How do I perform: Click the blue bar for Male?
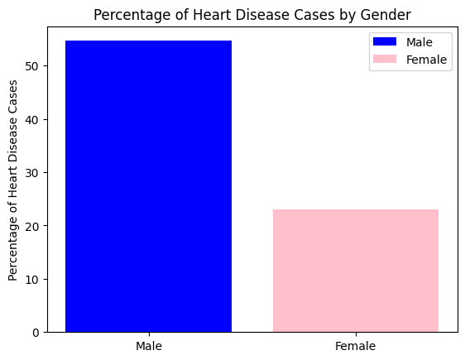(x=148, y=186)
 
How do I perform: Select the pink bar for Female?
(x=356, y=271)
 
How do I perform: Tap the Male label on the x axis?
(x=148, y=346)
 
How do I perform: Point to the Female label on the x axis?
(x=356, y=346)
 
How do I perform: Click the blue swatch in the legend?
(x=386, y=41)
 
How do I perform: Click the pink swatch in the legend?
(x=386, y=60)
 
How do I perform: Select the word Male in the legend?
(x=419, y=41)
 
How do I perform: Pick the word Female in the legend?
(x=426, y=60)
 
